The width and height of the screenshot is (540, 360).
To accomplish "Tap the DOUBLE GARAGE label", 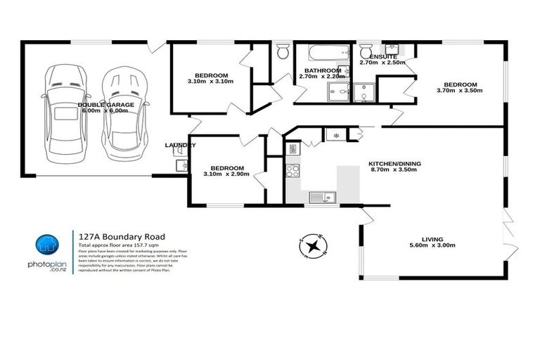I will tap(105, 107).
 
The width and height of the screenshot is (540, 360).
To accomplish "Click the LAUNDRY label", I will tap(179, 146).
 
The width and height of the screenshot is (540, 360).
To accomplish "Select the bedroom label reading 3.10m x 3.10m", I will tap(211, 79).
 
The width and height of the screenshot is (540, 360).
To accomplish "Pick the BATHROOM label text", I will tap(319, 70).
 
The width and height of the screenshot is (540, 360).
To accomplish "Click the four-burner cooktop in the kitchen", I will tap(293, 169).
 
